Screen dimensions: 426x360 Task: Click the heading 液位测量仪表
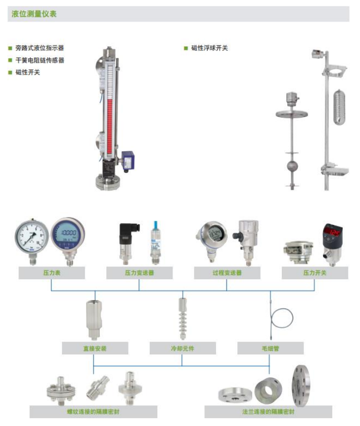tap(34, 14)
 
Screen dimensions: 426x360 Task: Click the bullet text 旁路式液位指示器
tap(40, 48)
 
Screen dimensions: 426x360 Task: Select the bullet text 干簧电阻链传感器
tap(40, 60)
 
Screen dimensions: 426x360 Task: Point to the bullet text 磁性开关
tap(28, 72)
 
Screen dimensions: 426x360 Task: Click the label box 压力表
tap(52, 273)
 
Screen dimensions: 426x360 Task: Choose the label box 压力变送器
tap(139, 273)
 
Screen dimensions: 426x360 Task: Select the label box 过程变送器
tap(227, 273)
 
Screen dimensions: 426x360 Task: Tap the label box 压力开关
tap(315, 273)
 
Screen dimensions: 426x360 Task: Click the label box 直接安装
tap(94, 348)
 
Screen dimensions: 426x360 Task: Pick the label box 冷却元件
tap(182, 348)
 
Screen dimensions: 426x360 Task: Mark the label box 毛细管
tap(270, 348)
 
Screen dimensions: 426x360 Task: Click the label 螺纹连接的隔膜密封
tap(93, 411)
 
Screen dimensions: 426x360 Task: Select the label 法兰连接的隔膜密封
tap(269, 411)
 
